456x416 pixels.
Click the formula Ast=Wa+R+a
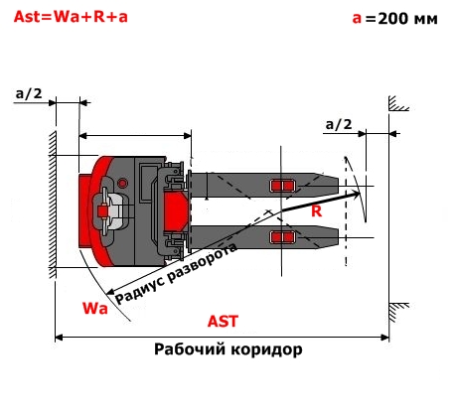click(71, 17)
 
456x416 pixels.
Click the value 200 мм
click(407, 19)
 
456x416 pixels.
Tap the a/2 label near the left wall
click(29, 93)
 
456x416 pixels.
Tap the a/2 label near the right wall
click(339, 124)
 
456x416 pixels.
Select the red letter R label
click(316, 211)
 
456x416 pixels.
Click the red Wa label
click(95, 308)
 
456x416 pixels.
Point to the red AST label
click(223, 322)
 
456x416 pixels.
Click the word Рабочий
click(189, 349)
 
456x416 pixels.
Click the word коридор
click(266, 349)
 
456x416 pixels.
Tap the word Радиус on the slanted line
click(140, 290)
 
